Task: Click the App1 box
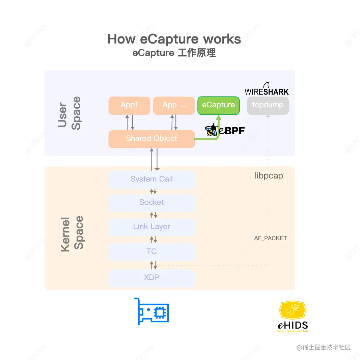(x=129, y=105)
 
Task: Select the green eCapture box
(x=218, y=105)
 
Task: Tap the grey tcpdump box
(x=268, y=105)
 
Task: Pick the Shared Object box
(x=151, y=139)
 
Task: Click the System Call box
(x=151, y=179)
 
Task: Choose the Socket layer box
(x=151, y=202)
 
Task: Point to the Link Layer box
(x=151, y=227)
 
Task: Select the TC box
(x=151, y=251)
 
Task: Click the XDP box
(x=151, y=278)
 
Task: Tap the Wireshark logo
(x=267, y=89)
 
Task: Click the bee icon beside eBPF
(x=211, y=130)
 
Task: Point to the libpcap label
(x=269, y=176)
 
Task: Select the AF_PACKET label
(x=271, y=238)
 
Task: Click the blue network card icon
(x=151, y=311)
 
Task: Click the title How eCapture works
(x=174, y=39)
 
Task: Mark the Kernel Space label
(x=72, y=234)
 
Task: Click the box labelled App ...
(x=174, y=105)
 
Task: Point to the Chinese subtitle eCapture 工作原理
(x=174, y=53)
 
